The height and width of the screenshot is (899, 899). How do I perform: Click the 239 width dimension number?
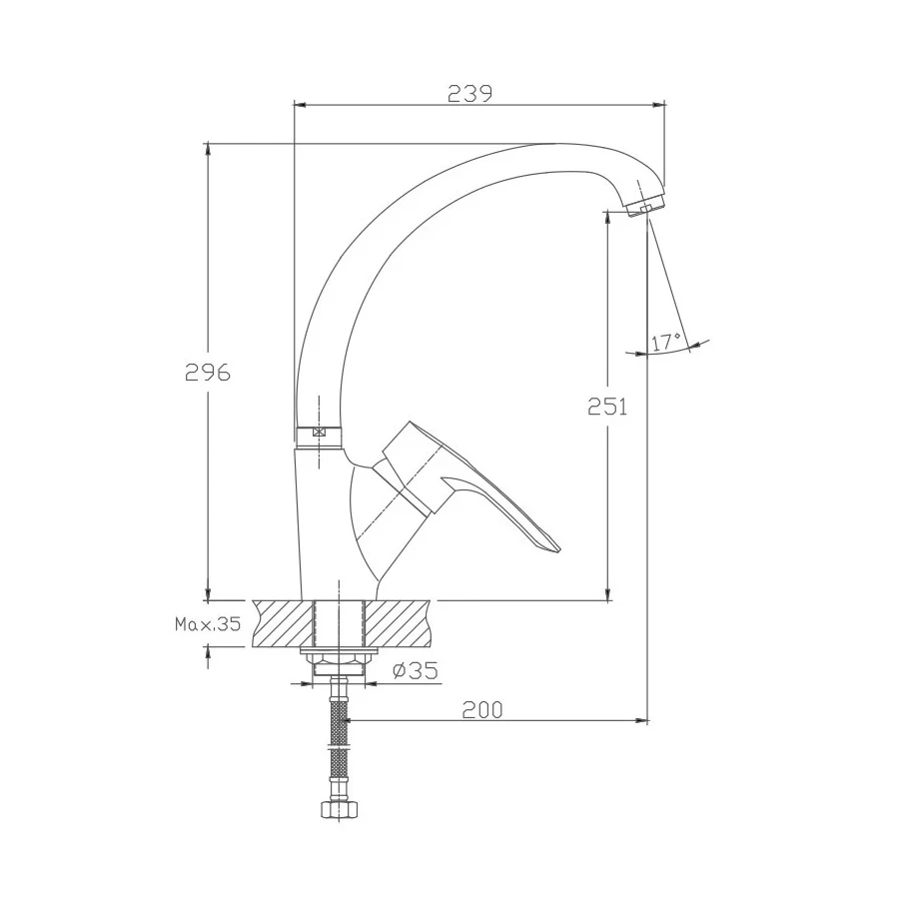(469, 93)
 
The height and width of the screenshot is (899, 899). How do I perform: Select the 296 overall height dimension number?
(208, 373)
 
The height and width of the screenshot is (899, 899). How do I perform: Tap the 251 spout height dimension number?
(607, 407)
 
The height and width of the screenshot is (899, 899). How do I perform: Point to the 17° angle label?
(666, 342)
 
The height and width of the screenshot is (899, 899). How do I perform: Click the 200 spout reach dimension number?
(482, 710)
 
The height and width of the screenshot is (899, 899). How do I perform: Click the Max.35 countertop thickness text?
(208, 624)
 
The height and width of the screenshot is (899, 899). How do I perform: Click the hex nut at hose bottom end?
(339, 810)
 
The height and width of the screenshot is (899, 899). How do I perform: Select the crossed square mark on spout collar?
(319, 433)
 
